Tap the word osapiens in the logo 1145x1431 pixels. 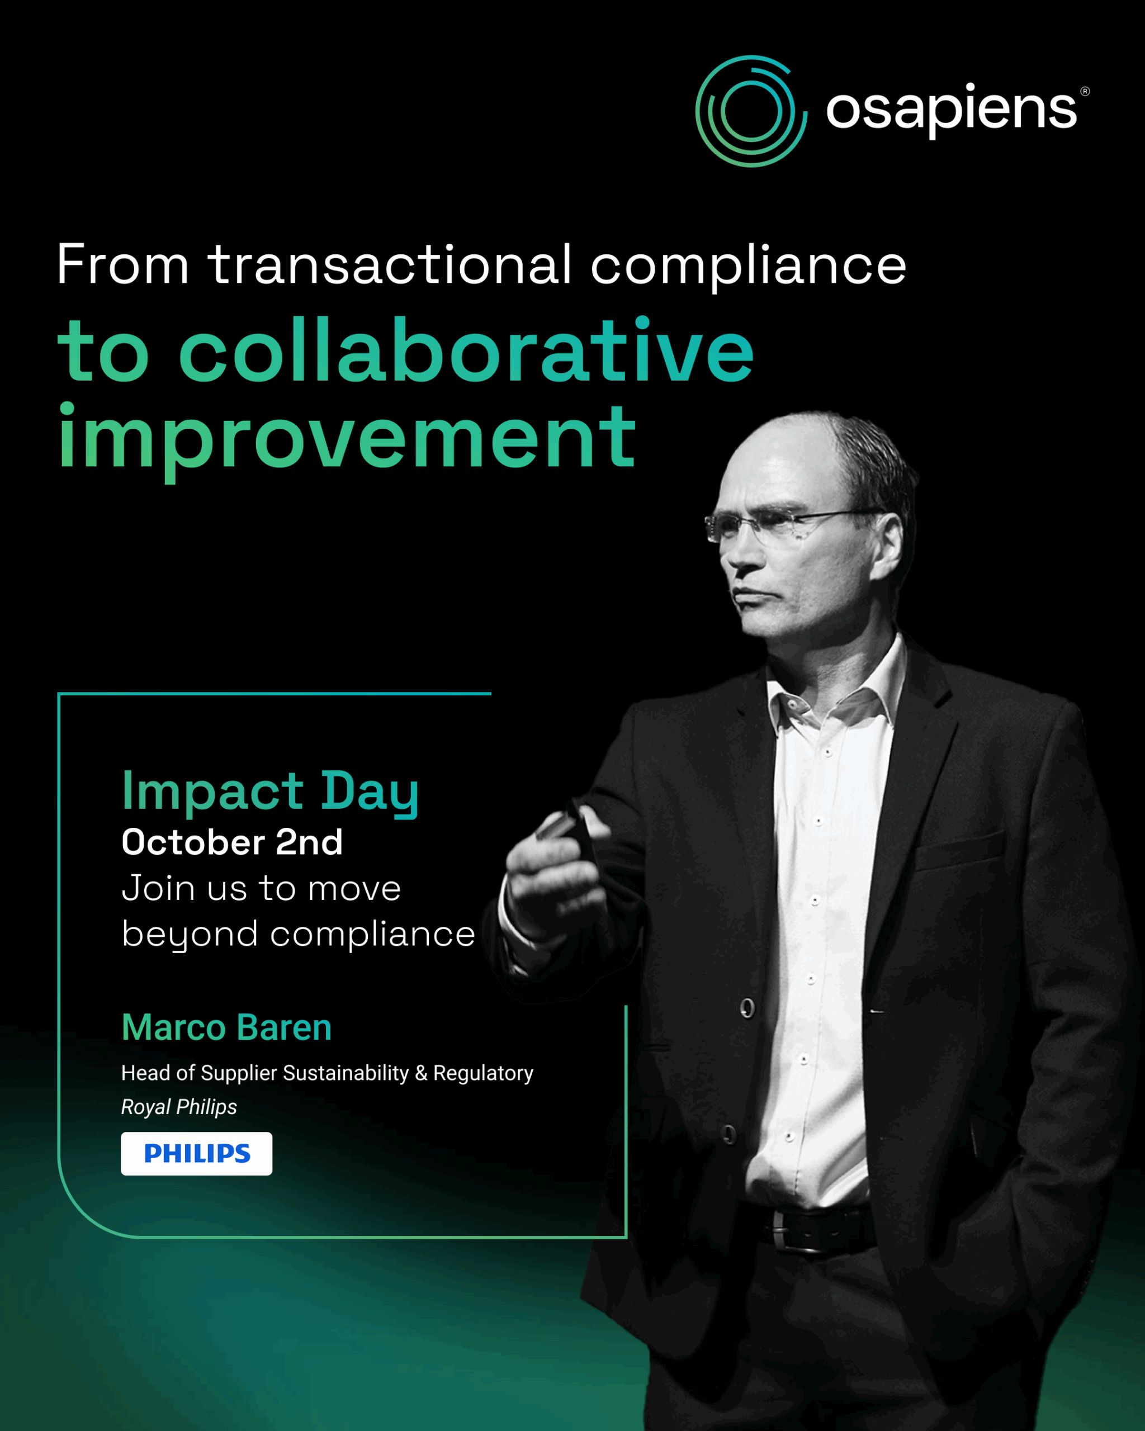click(950, 109)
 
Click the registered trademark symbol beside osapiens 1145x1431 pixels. click(1085, 91)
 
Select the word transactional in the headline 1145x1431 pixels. click(390, 264)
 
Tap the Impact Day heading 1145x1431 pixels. click(270, 793)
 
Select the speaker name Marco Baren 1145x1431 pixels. click(226, 1027)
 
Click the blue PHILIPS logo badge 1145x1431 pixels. click(196, 1154)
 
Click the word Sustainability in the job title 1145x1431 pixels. click(346, 1073)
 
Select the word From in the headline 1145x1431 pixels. click(123, 264)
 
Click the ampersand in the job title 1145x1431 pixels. click(421, 1073)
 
